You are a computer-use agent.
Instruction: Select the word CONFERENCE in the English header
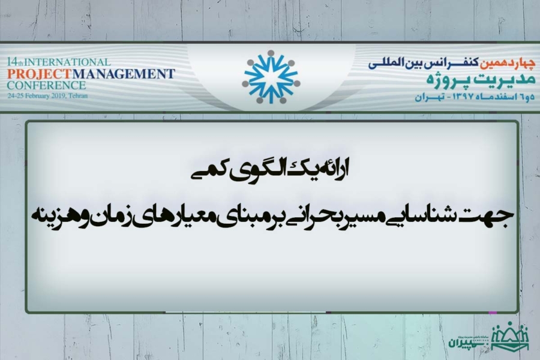coord(46,85)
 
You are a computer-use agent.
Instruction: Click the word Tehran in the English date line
coord(78,96)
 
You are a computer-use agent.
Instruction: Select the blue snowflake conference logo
coord(271,77)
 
